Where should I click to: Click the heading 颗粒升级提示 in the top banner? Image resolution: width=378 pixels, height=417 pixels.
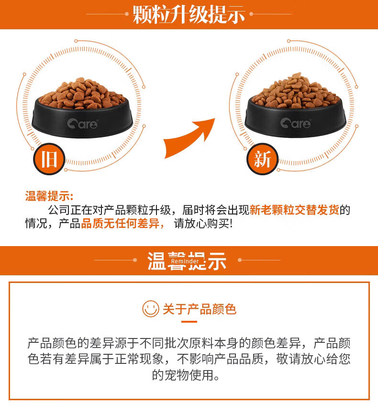(189, 14)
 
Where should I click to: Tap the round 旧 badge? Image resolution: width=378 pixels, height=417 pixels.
(49, 159)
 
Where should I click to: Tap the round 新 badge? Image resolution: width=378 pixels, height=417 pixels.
(262, 159)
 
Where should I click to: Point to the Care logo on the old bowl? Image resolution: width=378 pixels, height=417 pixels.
(82, 124)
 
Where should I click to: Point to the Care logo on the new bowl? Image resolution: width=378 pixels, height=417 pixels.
(295, 123)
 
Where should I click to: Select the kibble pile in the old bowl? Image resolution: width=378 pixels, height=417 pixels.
(83, 93)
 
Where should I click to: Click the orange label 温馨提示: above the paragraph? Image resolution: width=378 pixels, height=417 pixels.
(49, 196)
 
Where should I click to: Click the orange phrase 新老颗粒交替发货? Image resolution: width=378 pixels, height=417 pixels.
(294, 210)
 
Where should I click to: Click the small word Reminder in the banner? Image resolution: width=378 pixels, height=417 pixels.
(185, 261)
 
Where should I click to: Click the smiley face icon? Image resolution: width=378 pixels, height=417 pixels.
(151, 309)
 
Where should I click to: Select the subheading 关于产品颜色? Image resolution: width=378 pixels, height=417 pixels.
(200, 309)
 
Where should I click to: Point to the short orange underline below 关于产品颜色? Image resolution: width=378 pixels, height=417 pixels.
(189, 322)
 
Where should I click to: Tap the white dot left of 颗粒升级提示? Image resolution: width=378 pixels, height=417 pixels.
(127, 14)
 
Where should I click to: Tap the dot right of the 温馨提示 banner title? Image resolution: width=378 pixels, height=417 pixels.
(240, 260)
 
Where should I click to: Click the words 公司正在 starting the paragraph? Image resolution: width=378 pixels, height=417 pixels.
(70, 210)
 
